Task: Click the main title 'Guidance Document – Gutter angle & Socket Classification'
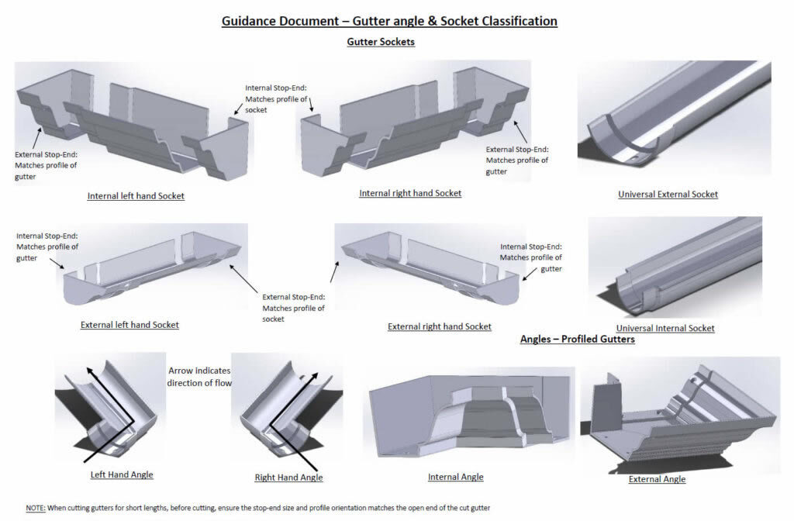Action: pos(389,21)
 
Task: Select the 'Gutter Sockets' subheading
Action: pos(380,42)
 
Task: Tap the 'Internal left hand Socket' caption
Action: pos(136,196)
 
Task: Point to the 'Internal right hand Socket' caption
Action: pos(410,193)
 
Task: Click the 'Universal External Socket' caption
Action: pos(668,194)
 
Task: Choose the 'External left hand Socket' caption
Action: pos(129,325)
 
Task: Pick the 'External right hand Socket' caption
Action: pos(440,326)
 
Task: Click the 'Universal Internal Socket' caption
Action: pos(665,328)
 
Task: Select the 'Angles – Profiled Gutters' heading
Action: pos(577,339)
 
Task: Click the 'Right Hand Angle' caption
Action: pos(288,477)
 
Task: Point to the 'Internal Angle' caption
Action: pos(455,477)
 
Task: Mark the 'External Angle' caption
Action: pos(657,479)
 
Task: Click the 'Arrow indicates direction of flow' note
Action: pos(199,377)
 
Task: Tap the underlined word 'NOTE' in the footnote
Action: pos(36,508)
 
